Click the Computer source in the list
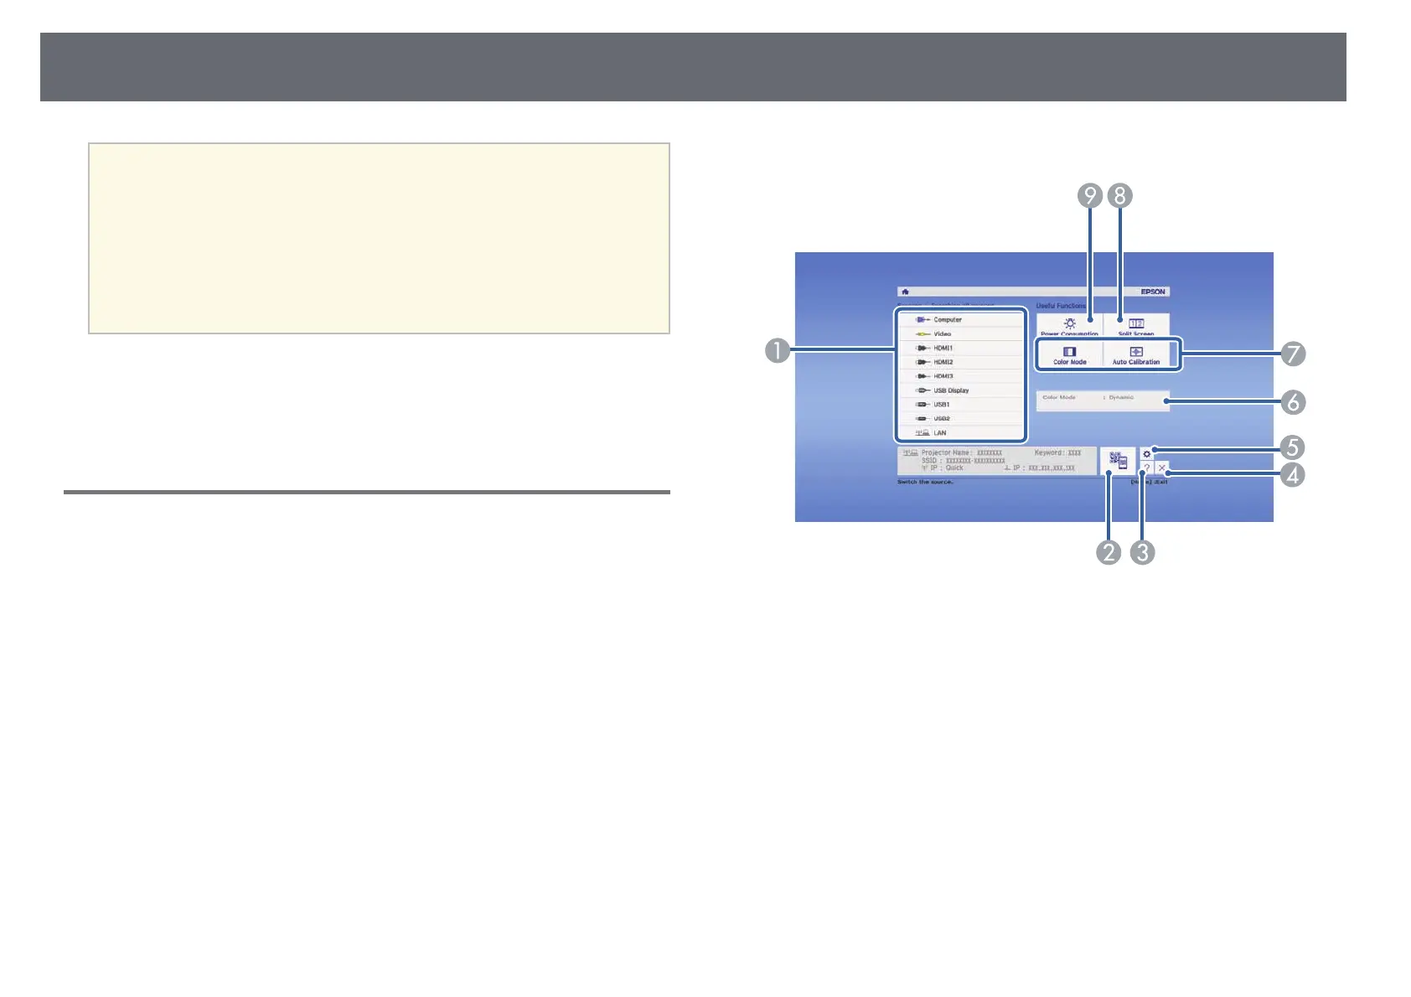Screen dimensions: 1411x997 [947, 320]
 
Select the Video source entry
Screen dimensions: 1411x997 [942, 334]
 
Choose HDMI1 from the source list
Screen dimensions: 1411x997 [943, 349]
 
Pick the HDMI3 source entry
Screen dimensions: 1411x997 [943, 377]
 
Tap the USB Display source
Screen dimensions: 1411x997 [950, 390]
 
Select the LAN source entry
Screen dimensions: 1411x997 [939, 433]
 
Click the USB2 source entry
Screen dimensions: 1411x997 [941, 419]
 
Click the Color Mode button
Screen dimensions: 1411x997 [1069, 355]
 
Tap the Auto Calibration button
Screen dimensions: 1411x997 [1136, 355]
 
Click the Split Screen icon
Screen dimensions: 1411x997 [1136, 324]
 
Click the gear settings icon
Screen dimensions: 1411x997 [1147, 454]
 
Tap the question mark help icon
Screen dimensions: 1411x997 [1147, 468]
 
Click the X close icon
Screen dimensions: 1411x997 [1161, 468]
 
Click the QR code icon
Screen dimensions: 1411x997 [1118, 460]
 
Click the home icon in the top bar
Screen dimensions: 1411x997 [905, 292]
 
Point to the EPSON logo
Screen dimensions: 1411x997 [1153, 292]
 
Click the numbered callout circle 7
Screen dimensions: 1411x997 [1293, 354]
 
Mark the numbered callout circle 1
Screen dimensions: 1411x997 [778, 349]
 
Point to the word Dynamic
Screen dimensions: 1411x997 [1121, 397]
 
